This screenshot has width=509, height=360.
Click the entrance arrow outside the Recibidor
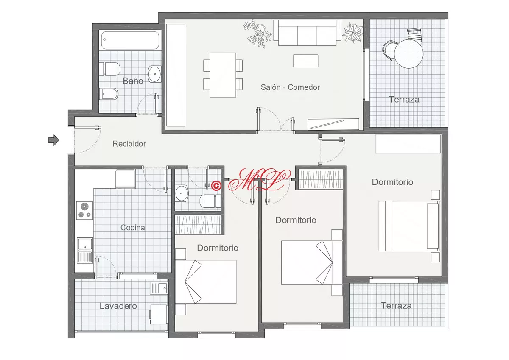(x=53, y=140)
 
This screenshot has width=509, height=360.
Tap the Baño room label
(x=133, y=81)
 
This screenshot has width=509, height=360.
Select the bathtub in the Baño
(x=130, y=40)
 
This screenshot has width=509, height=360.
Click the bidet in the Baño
(x=109, y=94)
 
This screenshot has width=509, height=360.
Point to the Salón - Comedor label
(x=290, y=87)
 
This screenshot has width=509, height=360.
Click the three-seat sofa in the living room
(x=307, y=32)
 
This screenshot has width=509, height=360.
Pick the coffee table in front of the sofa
(x=306, y=61)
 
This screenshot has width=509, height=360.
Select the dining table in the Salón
(x=223, y=75)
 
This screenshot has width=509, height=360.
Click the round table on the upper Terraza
(x=409, y=53)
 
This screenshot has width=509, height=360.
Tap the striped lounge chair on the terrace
(x=415, y=36)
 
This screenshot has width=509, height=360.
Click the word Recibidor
(x=129, y=144)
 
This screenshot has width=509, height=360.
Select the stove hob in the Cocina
(x=84, y=210)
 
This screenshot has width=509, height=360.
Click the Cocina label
(x=132, y=227)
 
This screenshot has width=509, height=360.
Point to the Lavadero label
(x=118, y=306)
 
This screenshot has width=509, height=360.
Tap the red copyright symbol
(x=216, y=186)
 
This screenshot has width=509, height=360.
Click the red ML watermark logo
(x=259, y=179)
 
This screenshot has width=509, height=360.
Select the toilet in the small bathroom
(x=210, y=201)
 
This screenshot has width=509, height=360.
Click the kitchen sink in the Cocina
(x=84, y=250)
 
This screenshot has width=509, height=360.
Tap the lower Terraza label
(x=396, y=305)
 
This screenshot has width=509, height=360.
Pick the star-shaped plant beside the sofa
(x=352, y=33)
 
